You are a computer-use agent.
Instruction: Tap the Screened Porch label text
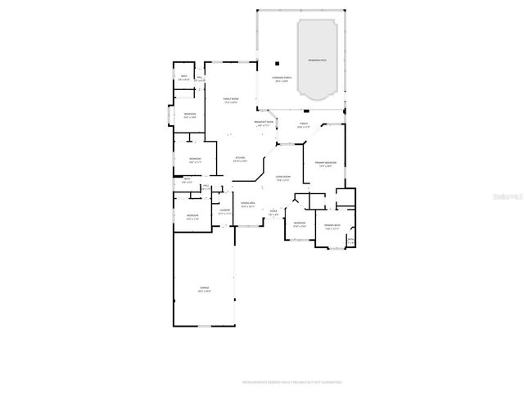point(282,78)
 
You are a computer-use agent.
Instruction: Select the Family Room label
point(231,99)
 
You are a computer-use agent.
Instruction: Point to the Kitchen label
point(240,157)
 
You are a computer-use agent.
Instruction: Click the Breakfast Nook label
point(264,122)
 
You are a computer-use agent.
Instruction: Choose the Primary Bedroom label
point(325,163)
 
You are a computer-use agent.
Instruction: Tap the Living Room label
point(283,177)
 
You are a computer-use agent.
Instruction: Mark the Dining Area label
point(247,202)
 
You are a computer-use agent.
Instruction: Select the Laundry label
point(224,210)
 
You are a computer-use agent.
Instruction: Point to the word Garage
point(204,287)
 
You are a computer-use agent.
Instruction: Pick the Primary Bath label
point(332,225)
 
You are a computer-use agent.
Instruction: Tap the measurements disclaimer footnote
point(291,382)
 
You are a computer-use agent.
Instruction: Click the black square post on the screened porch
point(278,63)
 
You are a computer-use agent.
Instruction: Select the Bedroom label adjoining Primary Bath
point(300,223)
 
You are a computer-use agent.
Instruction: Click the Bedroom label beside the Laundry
point(192,215)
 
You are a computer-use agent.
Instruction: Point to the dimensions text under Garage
point(204,291)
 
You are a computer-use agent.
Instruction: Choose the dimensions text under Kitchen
point(240,161)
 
